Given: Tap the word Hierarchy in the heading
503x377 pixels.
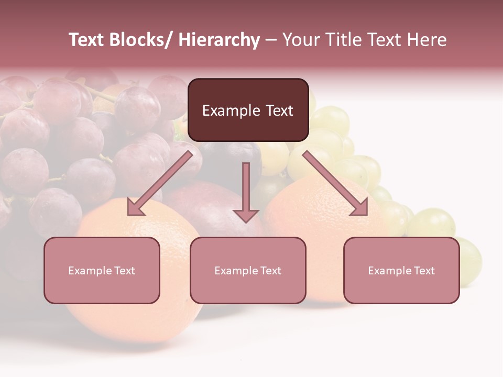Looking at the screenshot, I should coord(219,40).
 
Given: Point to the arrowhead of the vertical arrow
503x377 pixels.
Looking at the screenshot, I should coord(246,215).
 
